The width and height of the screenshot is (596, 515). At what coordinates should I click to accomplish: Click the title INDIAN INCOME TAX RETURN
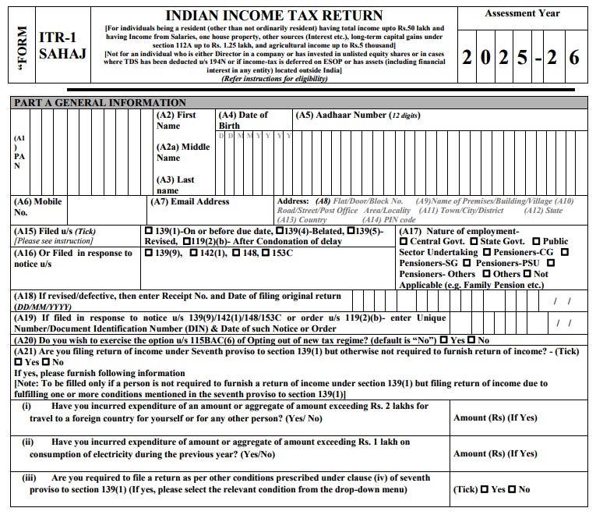pos(275,16)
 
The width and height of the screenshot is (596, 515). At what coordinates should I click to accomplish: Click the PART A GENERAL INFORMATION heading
pos(98,102)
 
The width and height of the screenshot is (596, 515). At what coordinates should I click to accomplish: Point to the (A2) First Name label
pos(176,120)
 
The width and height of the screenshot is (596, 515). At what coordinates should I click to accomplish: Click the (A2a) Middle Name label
pos(183,152)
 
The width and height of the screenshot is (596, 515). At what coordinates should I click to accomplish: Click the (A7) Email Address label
pos(189,202)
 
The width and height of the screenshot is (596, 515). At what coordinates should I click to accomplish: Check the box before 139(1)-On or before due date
pos(149,232)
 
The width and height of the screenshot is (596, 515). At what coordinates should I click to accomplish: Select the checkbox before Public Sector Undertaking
pos(536,242)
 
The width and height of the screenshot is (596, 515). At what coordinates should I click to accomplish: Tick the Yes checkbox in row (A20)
pos(443,341)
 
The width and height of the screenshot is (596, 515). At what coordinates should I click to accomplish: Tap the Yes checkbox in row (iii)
pos(485,489)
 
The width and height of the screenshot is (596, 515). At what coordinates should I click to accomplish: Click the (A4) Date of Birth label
pos(242,120)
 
